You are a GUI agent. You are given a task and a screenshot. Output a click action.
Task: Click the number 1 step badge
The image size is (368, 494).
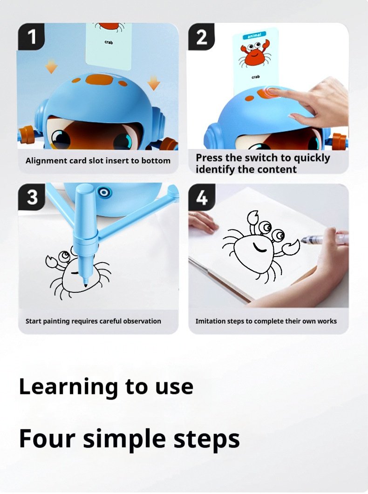tap(32, 36)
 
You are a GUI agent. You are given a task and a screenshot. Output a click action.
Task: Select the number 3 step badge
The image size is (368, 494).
tap(32, 197)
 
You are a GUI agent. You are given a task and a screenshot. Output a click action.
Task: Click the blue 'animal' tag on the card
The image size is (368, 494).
tap(255, 34)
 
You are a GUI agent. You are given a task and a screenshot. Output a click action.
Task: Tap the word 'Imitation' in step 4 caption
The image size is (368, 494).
tap(211, 321)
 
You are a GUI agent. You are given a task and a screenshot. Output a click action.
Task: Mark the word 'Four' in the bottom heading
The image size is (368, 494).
tap(42, 439)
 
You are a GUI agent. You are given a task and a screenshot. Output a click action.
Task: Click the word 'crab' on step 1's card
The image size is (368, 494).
tap(109, 42)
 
